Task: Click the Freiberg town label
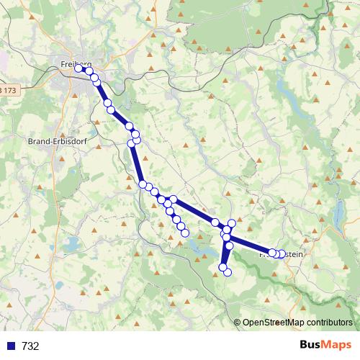pyautogui.click(x=74, y=64)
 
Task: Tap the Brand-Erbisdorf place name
pyautogui.click(x=56, y=141)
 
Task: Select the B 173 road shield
pyautogui.click(x=8, y=90)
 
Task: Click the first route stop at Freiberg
pyautogui.click(x=78, y=69)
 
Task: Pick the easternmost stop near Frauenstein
pyautogui.click(x=282, y=253)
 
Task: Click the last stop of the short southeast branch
pyautogui.click(x=185, y=233)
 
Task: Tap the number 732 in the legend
pyautogui.click(x=31, y=346)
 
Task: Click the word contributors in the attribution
pyautogui.click(x=330, y=323)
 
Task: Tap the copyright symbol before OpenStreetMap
pyautogui.click(x=237, y=323)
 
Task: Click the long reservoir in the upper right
pyautogui.click(x=280, y=90)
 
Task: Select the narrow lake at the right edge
pyautogui.click(x=338, y=213)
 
